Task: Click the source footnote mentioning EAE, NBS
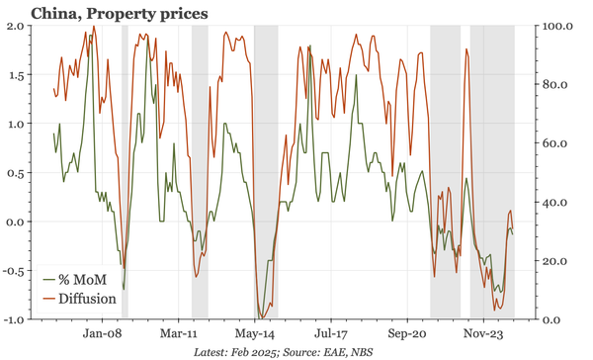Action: point(296,351)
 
